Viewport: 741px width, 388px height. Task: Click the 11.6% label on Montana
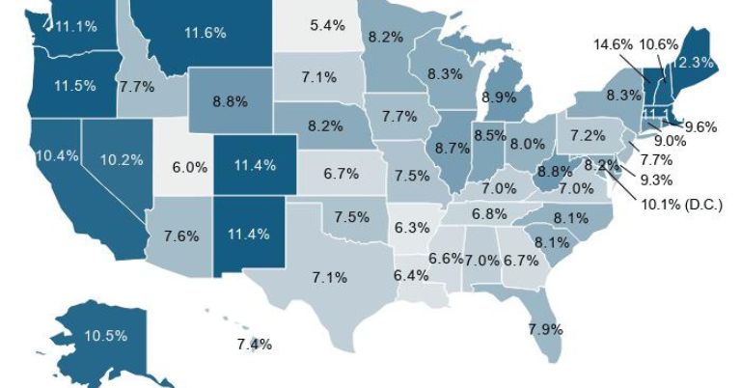[x=205, y=32]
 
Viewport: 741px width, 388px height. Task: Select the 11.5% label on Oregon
[x=75, y=85]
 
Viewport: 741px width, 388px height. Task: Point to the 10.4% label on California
[x=56, y=154]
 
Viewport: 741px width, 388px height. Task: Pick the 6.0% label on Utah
[x=189, y=166]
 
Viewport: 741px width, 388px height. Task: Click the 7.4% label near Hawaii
[x=254, y=344]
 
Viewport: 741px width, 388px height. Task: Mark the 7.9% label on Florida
[x=545, y=329]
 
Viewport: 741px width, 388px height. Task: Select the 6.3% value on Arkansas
[x=412, y=228]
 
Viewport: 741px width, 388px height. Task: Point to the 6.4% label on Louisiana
[x=411, y=275]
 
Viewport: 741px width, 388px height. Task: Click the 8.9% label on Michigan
[x=498, y=97]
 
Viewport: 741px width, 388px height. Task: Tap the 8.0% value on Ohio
[x=527, y=144]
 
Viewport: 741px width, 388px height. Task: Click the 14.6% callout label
[x=613, y=43]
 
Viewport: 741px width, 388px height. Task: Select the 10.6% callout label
[x=659, y=43]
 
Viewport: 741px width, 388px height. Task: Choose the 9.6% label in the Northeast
[x=702, y=125]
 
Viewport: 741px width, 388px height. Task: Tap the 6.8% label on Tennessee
[x=489, y=212]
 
